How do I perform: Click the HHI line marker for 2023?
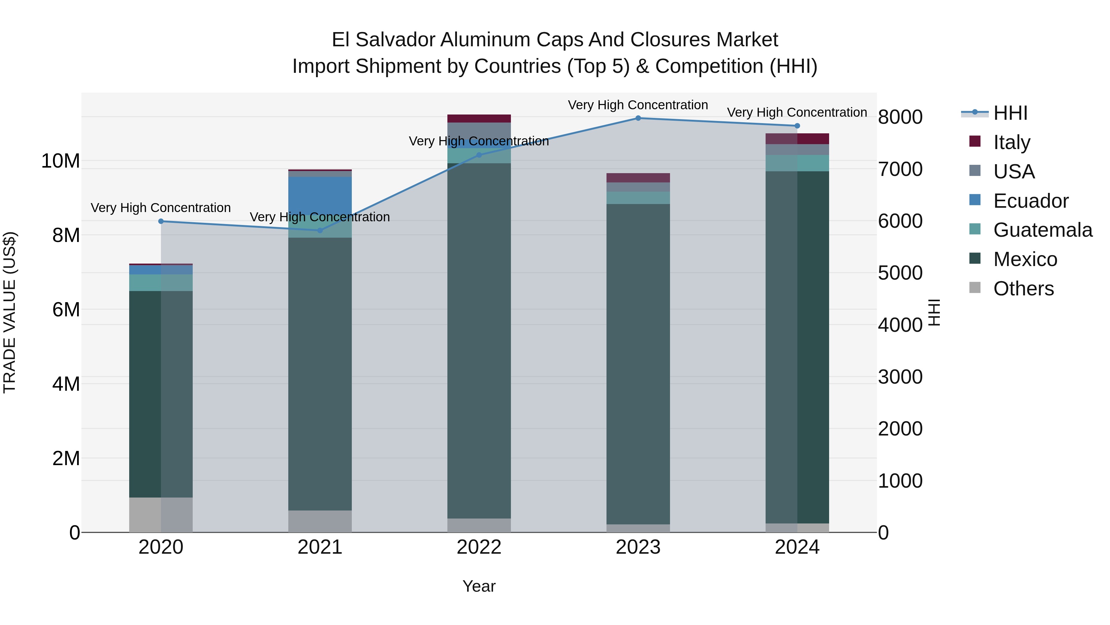[x=638, y=118]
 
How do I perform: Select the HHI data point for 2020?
[x=161, y=221]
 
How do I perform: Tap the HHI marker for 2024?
[x=797, y=126]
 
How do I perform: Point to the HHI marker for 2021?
[x=320, y=230]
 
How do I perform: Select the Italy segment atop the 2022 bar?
[x=479, y=119]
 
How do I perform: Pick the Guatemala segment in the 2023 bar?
[x=638, y=198]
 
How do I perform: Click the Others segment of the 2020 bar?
[x=161, y=515]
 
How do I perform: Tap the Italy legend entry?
[x=1011, y=142]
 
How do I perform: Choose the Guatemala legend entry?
[x=1042, y=230]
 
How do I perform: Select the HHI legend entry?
[x=1010, y=113]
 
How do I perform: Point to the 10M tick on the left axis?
[x=60, y=161]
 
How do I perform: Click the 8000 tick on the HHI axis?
[x=900, y=117]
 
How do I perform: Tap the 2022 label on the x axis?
[x=479, y=547]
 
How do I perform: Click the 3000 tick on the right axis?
[x=900, y=377]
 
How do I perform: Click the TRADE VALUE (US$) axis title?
[x=10, y=312]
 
